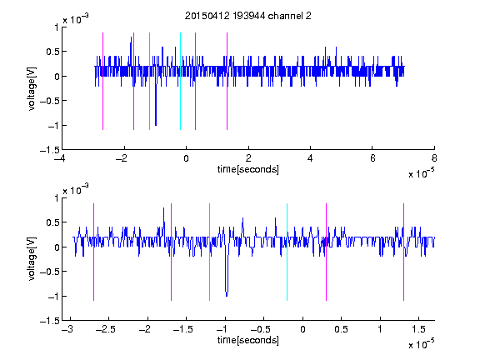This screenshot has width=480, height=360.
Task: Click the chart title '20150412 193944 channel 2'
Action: click(248, 16)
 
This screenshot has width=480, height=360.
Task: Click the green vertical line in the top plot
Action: click(149, 81)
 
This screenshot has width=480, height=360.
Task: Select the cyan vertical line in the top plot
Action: click(180, 81)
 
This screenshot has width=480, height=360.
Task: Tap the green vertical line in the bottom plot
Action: click(209, 252)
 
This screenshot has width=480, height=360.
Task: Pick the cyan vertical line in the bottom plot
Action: click(287, 252)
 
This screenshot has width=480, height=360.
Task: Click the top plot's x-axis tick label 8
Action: click(434, 158)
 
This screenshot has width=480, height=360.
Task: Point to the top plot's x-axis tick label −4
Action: click(60, 158)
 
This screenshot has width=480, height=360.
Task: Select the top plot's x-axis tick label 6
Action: click(372, 158)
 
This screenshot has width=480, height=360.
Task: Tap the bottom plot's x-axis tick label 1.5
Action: click(418, 329)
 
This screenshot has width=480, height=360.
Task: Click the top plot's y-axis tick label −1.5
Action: click(50, 150)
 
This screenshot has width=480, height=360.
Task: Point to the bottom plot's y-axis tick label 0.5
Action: click(52, 222)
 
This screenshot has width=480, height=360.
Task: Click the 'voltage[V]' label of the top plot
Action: click(32, 88)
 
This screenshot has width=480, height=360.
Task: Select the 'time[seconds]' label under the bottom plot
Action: click(248, 340)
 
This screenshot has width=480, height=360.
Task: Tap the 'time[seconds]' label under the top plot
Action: click(248, 169)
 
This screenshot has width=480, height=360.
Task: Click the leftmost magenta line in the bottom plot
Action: click(93, 252)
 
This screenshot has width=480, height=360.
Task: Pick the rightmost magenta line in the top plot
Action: click(227, 81)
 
